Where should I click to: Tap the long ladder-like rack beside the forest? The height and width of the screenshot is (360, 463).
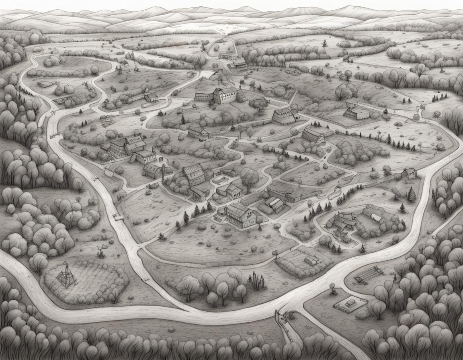point(367,274)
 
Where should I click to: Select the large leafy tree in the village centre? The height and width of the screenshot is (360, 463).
point(249,177)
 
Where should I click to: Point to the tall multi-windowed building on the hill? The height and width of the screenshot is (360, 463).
point(225,96)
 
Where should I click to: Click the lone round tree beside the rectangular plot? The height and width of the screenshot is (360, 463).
point(333,286)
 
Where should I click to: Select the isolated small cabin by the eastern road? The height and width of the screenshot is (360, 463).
point(409,173)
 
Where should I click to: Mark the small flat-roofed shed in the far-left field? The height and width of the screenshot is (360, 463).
point(45,84)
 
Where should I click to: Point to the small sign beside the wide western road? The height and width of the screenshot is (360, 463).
point(118,217)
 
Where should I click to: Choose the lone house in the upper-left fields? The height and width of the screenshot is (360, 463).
point(152,97)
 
